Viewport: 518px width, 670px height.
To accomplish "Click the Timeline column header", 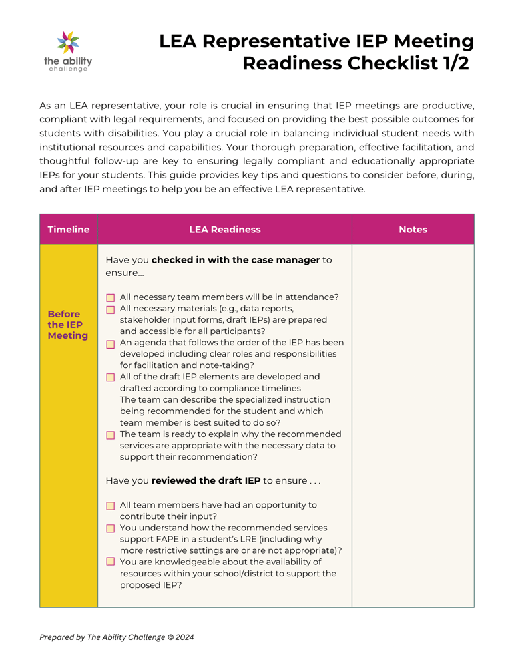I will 68,230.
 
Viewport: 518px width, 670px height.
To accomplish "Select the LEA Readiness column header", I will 224,230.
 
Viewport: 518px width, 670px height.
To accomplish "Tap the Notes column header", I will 413,230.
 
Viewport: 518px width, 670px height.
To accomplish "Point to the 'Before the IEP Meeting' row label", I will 68,325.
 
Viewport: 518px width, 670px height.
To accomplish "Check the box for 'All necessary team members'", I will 111,297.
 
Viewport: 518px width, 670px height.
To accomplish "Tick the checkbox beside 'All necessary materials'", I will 111,309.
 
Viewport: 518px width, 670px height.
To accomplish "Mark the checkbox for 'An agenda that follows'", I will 111,343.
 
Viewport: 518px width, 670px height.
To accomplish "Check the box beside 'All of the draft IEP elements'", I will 111,377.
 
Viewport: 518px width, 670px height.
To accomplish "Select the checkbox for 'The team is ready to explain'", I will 111,435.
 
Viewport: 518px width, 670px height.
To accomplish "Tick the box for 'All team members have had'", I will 111,506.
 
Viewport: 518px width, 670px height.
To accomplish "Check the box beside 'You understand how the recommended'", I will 111,528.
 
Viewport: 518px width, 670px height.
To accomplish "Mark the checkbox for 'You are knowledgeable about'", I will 111,562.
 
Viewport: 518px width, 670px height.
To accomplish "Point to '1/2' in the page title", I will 453,63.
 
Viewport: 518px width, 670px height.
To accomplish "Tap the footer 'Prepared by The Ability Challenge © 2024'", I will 117,637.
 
